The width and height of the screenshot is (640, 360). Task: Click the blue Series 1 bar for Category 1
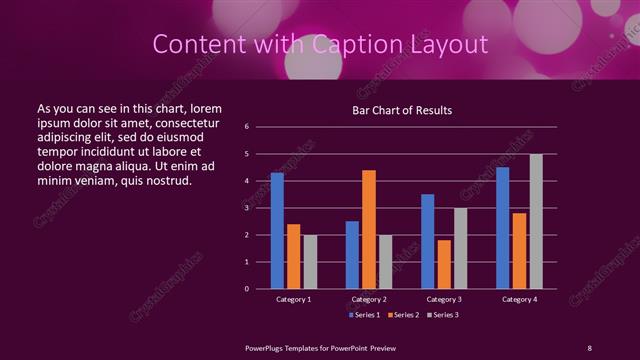coord(277,231)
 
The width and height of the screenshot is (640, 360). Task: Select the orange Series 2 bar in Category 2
coord(369,229)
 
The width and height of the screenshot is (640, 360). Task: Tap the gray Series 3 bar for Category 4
coord(536,221)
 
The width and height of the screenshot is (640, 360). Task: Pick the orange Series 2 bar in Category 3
coord(444,264)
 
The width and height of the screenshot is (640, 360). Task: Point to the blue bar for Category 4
coord(502,228)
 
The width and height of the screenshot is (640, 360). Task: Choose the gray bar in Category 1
coord(310,262)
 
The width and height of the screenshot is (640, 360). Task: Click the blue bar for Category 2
coord(352,255)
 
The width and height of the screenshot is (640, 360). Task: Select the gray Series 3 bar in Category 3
coord(460,248)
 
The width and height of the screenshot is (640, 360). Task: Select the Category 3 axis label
coord(444,299)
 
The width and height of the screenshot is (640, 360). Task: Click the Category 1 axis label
coord(293,299)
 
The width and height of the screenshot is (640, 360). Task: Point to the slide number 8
coord(590,347)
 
